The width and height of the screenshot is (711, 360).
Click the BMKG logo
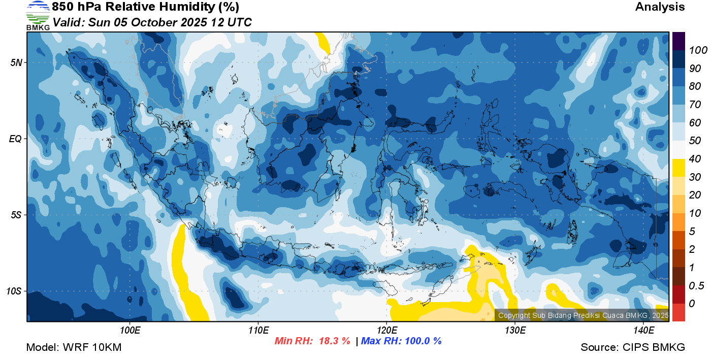pyautogui.click(x=38, y=16)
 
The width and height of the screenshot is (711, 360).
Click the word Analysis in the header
pyautogui.click(x=660, y=7)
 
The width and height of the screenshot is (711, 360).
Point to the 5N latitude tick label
pyautogui.click(x=16, y=62)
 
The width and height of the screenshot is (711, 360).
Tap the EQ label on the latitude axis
pyautogui.click(x=15, y=139)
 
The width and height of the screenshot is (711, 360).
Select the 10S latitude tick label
pyautogui.click(x=14, y=291)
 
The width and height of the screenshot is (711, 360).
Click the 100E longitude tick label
pyautogui.click(x=130, y=330)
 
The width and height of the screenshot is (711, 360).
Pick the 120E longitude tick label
pyautogui.click(x=387, y=330)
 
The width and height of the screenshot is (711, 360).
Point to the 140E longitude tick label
pyautogui.click(x=643, y=330)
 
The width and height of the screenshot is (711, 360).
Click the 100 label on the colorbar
pyautogui.click(x=698, y=50)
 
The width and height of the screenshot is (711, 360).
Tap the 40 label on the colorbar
pyautogui.click(x=695, y=159)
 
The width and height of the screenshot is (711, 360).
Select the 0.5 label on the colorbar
pyautogui.click(x=696, y=286)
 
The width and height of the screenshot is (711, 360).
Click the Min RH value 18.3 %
pyautogui.click(x=334, y=341)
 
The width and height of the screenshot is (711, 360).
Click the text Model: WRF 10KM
pyautogui.click(x=74, y=347)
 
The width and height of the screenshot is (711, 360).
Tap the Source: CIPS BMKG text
pyautogui.click(x=633, y=347)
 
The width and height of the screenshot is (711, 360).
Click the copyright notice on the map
pyautogui.click(x=583, y=315)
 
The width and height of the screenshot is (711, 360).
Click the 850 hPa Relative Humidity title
pyautogui.click(x=145, y=7)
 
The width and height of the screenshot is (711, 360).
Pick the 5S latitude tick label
pyautogui.click(x=16, y=215)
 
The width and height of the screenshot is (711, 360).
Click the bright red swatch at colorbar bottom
pyautogui.click(x=678, y=312)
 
